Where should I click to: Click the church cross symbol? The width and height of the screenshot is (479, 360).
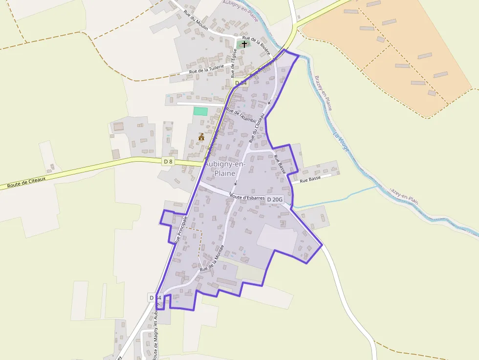244,44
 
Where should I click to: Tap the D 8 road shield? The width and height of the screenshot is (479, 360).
168,161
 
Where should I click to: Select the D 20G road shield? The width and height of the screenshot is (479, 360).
275,199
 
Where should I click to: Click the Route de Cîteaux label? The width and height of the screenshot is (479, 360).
26,183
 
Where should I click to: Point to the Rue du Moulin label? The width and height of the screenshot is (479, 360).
196,21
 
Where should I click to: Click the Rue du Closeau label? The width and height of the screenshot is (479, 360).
257,127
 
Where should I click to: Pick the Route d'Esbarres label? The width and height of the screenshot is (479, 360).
247,197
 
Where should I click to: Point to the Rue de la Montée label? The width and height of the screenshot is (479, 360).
212,258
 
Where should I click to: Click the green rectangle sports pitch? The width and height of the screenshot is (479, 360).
200,111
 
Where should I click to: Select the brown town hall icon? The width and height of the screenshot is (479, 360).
201,138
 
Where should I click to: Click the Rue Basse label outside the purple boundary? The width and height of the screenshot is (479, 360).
310,180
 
